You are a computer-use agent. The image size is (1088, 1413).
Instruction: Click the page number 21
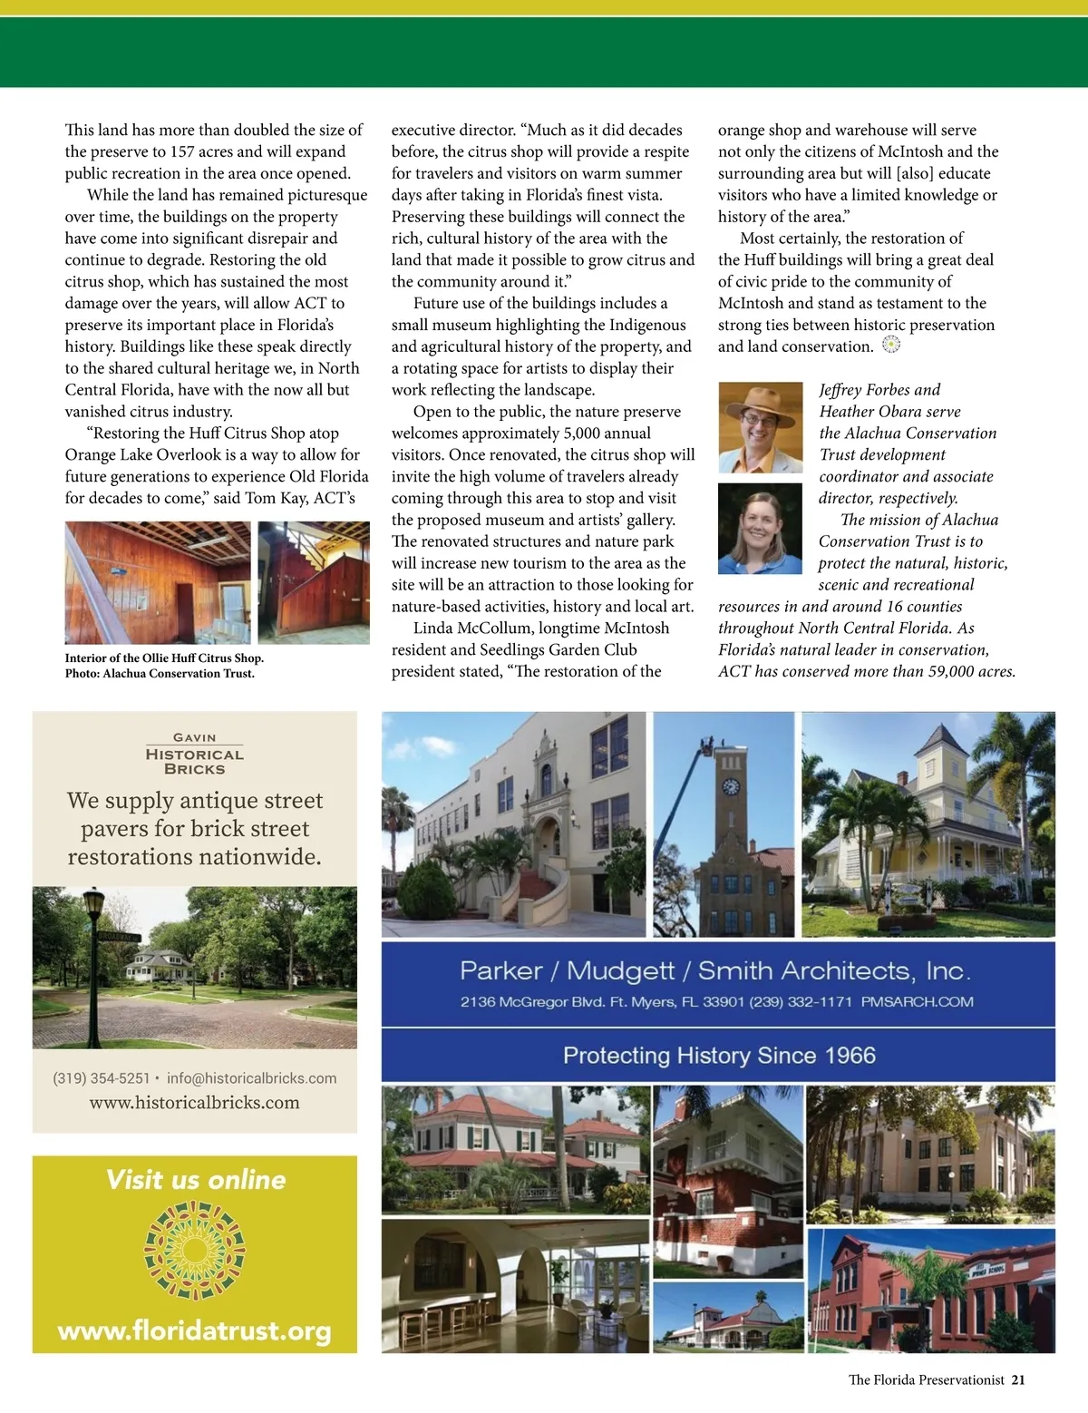pos(1018,1379)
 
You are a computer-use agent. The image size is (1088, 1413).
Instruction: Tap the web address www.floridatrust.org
pos(194,1330)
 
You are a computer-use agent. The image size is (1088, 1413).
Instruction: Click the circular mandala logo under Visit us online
pos(195,1251)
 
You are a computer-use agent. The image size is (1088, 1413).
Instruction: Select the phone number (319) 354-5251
pos(101,1078)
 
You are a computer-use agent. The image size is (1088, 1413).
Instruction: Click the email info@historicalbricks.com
pos(251,1078)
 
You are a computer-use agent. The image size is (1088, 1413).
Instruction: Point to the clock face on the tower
pos(731,786)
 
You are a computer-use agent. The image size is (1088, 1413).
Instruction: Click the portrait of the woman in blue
pos(760,529)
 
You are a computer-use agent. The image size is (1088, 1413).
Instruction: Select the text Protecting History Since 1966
pos(719,1056)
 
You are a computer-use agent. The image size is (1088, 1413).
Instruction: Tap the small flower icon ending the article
pos(891,345)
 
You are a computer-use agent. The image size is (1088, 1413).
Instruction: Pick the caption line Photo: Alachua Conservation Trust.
pos(160,674)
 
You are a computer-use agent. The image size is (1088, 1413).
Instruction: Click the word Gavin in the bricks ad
pos(194,738)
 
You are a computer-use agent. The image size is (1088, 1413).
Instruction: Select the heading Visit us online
pos(195,1180)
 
